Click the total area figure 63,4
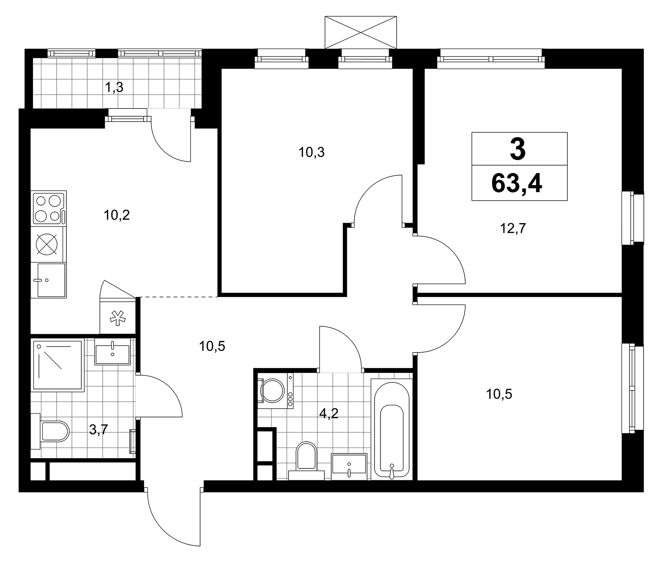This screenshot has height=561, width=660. [x=517, y=184]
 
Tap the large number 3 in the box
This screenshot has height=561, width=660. [x=518, y=150]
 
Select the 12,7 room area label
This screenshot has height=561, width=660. [x=513, y=228]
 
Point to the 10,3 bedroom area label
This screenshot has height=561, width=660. [x=311, y=152]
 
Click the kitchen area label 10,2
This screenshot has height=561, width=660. [x=117, y=216]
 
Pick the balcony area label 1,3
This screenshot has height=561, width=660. [x=114, y=87]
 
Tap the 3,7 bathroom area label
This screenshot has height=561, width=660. [x=99, y=430]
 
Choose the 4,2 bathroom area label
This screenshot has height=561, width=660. [x=329, y=413]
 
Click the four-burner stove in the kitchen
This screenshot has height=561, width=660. [x=49, y=208]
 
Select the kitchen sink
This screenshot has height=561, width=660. [x=49, y=280]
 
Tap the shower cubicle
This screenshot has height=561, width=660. [x=58, y=366]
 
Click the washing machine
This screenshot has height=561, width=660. [x=275, y=391]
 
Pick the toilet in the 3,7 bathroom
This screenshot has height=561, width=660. [x=50, y=431]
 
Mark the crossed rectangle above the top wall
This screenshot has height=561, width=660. [x=361, y=32]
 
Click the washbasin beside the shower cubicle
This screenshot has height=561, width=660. [x=113, y=352]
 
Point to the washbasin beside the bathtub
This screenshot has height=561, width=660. [x=349, y=466]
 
